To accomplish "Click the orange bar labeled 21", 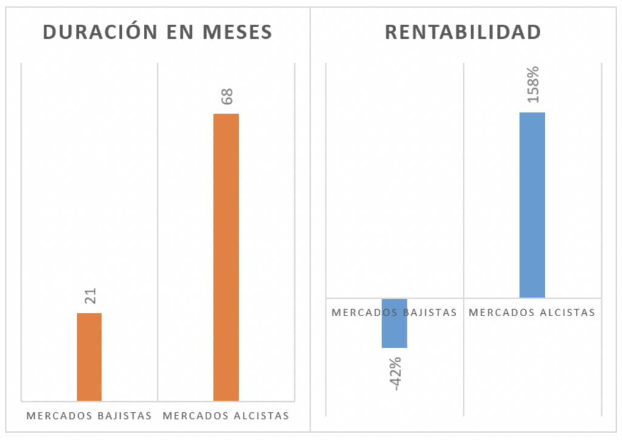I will [x=89, y=356].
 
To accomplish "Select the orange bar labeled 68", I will [x=226, y=257].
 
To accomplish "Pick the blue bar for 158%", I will [x=532, y=205].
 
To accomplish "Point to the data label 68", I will [x=227, y=96].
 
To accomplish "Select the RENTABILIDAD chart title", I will [x=463, y=32].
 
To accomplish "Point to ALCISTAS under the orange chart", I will [x=262, y=416].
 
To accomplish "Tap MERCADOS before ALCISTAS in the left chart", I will [x=196, y=416].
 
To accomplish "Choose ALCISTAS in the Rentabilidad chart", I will [x=569, y=313].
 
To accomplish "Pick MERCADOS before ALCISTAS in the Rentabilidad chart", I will [x=502, y=313].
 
